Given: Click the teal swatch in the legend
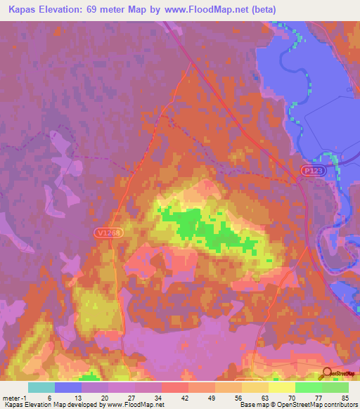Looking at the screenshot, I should (x=41, y=387).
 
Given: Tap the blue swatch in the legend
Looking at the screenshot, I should (x=68, y=387).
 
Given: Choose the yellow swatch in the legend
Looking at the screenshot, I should (x=282, y=387).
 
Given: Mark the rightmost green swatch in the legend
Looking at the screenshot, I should (x=335, y=387).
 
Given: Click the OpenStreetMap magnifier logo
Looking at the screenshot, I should (x=327, y=373).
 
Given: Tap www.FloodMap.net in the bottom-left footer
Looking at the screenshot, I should (x=134, y=405).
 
